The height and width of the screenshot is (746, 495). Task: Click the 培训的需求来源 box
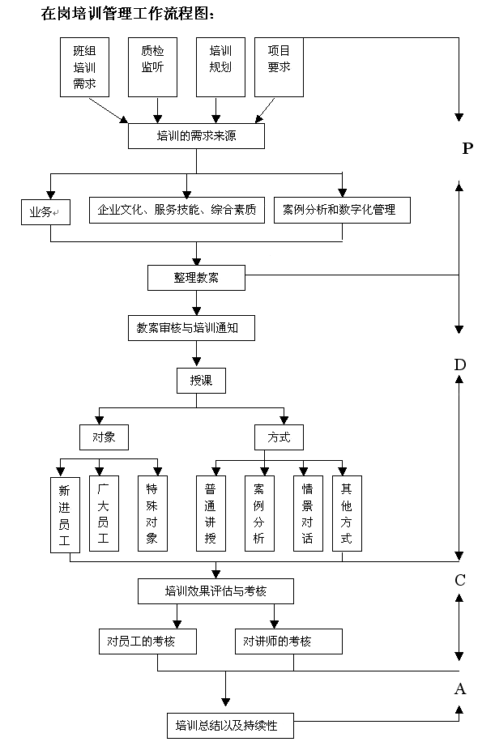(196, 136)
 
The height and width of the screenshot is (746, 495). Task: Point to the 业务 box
(45, 212)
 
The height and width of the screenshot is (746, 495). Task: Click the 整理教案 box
(196, 277)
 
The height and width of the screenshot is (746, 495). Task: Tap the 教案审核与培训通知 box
(196, 328)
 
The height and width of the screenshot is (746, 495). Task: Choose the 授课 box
(201, 380)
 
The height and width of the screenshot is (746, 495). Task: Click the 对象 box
(104, 437)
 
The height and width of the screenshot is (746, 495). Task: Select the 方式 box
(279, 437)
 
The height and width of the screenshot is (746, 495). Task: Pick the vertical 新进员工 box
(65, 515)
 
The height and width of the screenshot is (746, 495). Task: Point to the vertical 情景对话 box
(307, 515)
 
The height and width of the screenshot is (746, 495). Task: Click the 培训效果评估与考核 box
(215, 590)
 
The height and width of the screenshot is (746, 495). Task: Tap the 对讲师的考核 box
(288, 642)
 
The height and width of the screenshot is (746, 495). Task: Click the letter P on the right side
(467, 148)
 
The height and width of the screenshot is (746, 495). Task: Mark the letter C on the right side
(459, 580)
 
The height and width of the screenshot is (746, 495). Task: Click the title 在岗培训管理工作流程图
(129, 14)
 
